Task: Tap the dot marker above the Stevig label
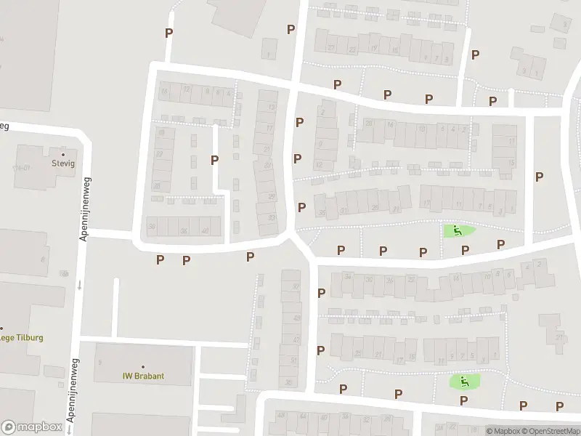click(x=64, y=154)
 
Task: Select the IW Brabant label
click(x=142, y=376)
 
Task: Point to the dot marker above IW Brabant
click(x=142, y=366)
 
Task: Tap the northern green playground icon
click(x=458, y=231)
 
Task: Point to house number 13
click(x=272, y=108)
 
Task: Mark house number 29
click(x=272, y=197)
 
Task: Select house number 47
click(x=295, y=339)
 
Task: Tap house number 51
click(x=293, y=360)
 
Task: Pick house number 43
click(x=296, y=318)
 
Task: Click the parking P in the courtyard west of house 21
click(x=214, y=160)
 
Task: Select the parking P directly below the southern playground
click(x=463, y=400)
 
